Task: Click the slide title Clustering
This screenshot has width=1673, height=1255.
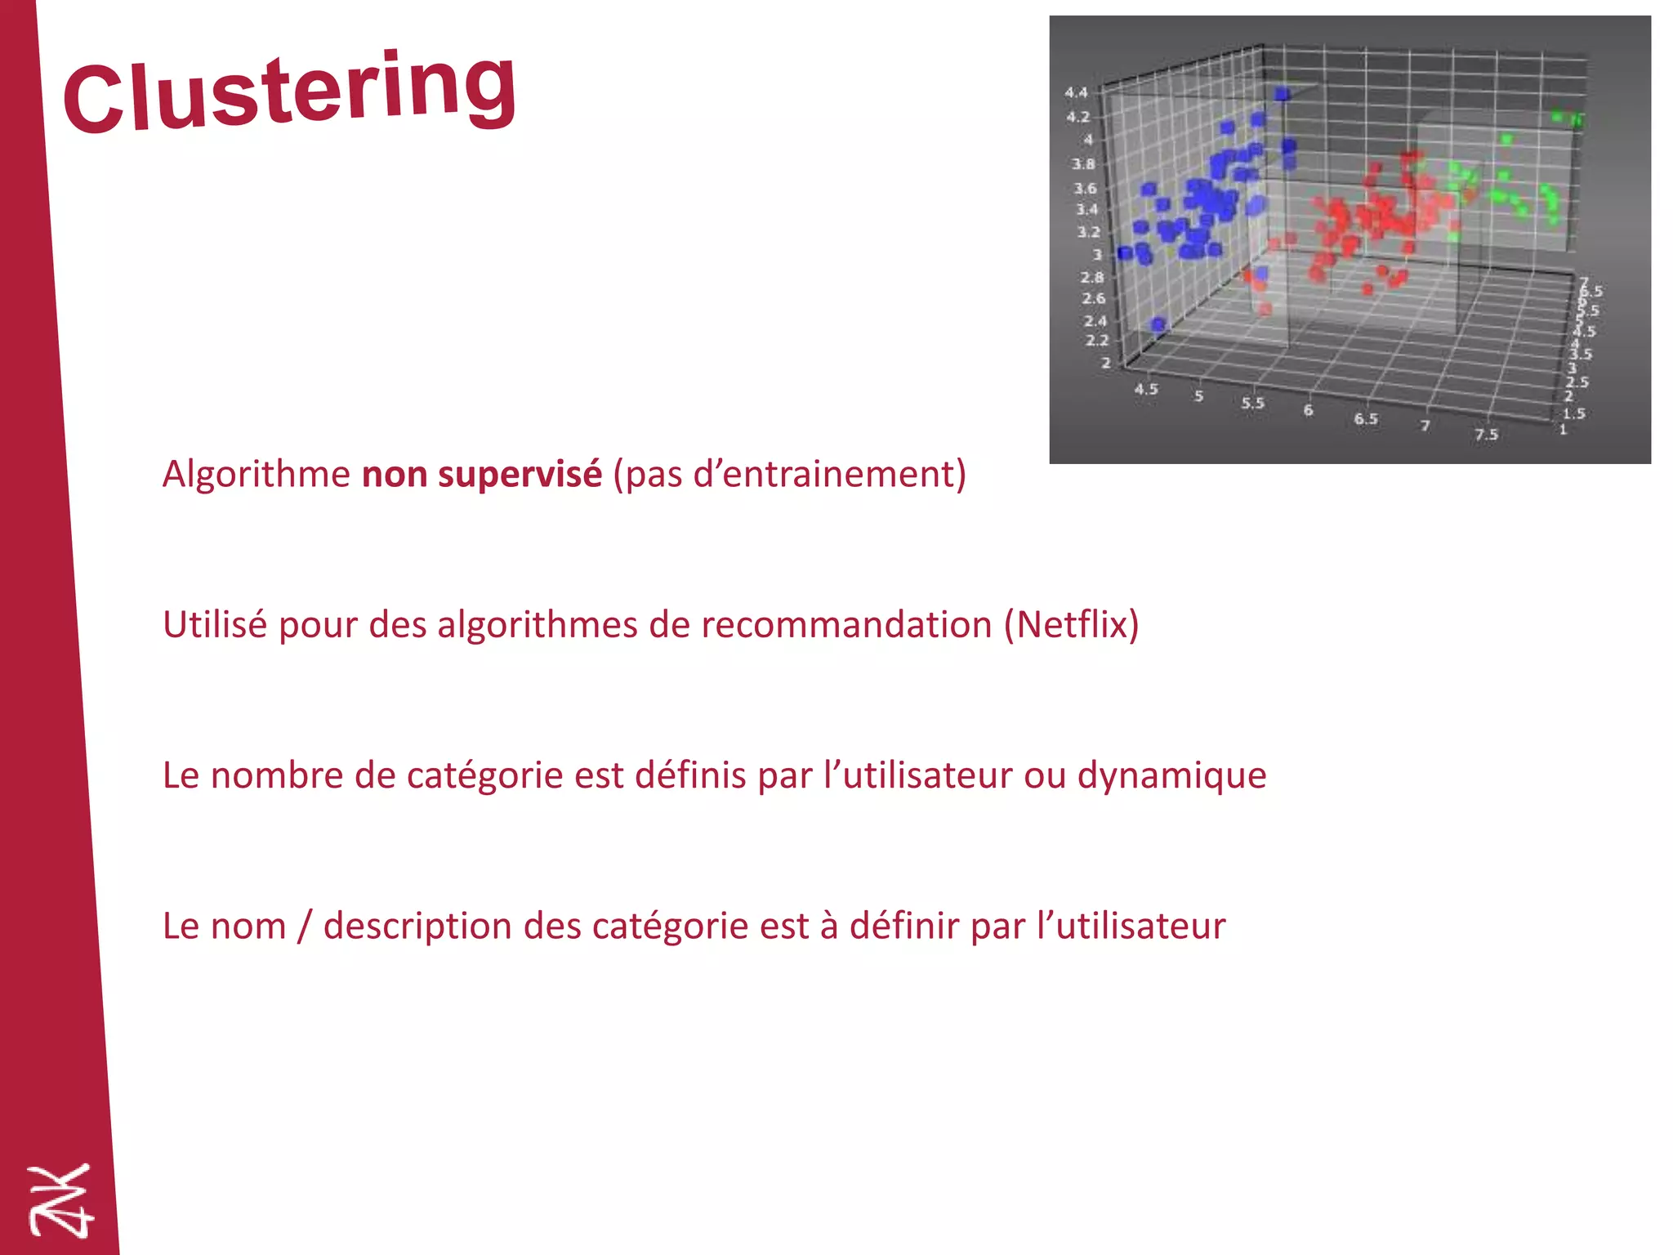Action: tap(290, 92)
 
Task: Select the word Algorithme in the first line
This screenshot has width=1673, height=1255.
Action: tap(256, 475)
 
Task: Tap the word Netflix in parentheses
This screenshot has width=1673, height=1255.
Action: tap(1071, 625)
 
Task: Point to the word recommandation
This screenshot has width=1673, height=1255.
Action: tap(846, 625)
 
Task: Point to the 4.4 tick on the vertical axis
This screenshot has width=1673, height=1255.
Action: tap(1076, 93)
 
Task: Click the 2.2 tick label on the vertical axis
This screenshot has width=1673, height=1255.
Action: tap(1096, 341)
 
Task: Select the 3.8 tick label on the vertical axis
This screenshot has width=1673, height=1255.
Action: tap(1083, 164)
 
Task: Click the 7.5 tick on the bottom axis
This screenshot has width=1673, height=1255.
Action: tap(1486, 435)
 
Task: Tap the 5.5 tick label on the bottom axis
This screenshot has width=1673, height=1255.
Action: tap(1252, 404)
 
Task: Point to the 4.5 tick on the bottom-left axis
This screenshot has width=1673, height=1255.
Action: tap(1145, 390)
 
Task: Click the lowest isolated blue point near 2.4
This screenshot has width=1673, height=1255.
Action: tap(1158, 325)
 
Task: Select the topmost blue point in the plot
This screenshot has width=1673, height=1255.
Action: tap(1282, 94)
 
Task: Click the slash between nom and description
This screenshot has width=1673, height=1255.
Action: tap(305, 927)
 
